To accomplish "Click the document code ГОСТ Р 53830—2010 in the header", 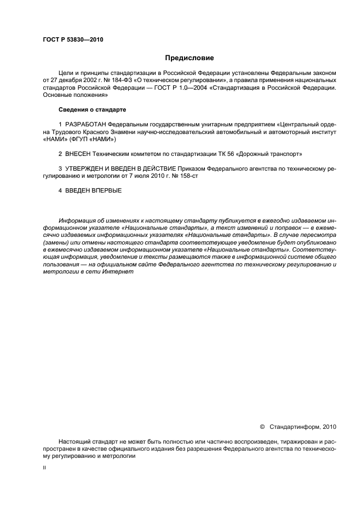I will pos(73,39).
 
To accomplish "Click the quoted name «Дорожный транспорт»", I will pos(270,155).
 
